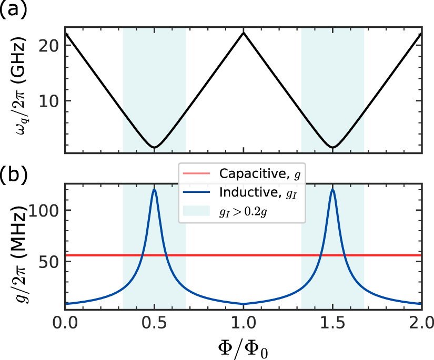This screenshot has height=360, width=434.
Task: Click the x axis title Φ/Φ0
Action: [x=243, y=347]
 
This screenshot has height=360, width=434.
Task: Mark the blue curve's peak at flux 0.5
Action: [x=154, y=190]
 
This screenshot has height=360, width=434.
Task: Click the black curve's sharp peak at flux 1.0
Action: [x=243, y=33]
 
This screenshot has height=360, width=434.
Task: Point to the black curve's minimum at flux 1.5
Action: [x=332, y=147]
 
